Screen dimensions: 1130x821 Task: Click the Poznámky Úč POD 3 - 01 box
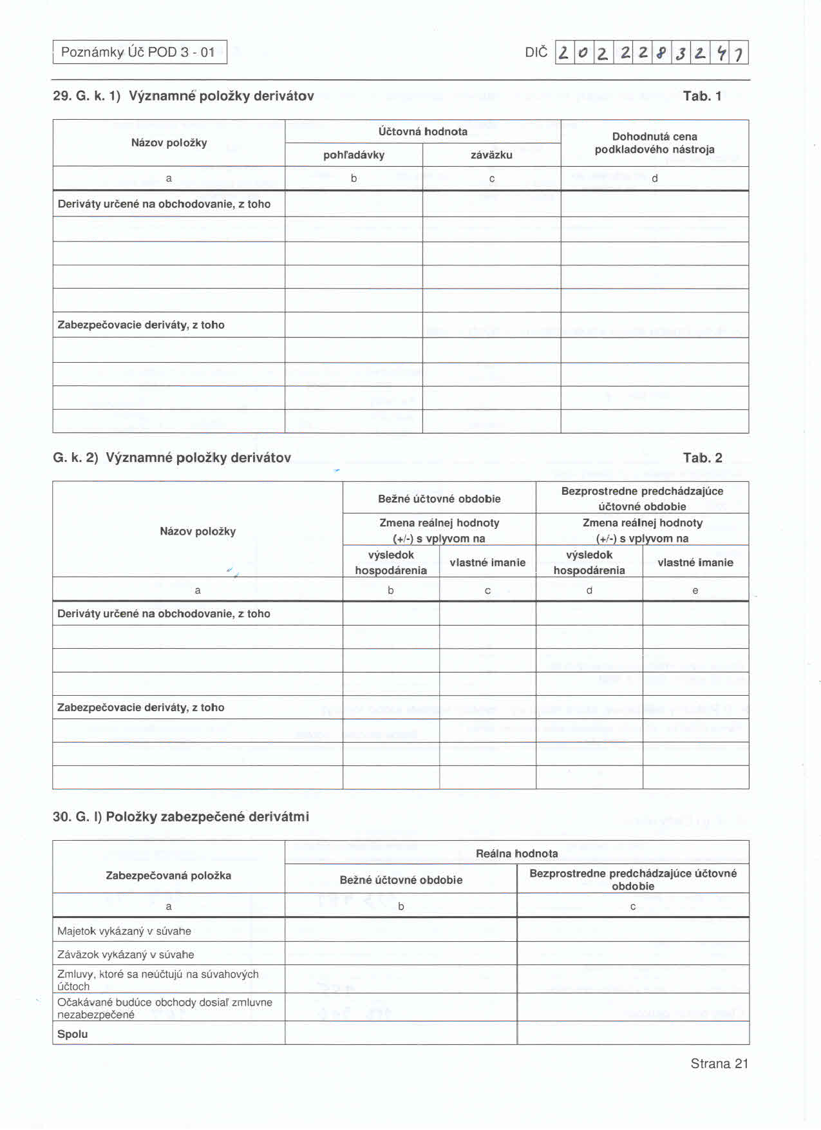(x=140, y=52)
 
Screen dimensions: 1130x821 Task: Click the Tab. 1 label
(x=702, y=97)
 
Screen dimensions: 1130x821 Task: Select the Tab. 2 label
(x=703, y=458)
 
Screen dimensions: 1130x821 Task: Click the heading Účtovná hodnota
(x=422, y=131)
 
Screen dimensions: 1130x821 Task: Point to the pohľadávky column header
(x=354, y=155)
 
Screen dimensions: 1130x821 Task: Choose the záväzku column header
(x=491, y=155)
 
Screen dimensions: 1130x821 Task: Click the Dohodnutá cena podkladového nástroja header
(x=654, y=143)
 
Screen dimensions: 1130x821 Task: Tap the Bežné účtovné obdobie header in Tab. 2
(x=439, y=499)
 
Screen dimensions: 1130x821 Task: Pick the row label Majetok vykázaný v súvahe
(x=124, y=931)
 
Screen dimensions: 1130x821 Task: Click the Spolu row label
(x=73, y=1034)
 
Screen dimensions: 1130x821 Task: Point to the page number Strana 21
(x=719, y=1064)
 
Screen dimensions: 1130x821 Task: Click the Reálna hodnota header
(x=516, y=854)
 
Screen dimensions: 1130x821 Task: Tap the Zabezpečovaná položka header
(x=168, y=876)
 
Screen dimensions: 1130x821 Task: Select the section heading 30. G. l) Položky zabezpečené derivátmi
(x=181, y=817)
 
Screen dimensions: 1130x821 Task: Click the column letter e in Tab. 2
(x=695, y=590)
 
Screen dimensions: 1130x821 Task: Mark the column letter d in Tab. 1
(x=654, y=178)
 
